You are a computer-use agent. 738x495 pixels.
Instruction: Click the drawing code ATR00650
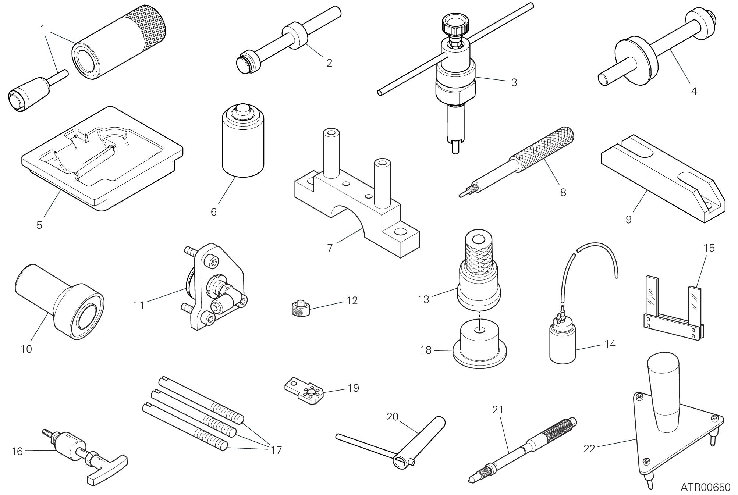(x=705, y=487)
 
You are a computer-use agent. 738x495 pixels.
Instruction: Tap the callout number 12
(x=352, y=300)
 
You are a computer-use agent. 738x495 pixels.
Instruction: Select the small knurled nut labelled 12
(x=299, y=308)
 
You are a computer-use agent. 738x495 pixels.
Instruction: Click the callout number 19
(x=354, y=388)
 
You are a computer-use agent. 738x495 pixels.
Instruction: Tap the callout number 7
(x=330, y=248)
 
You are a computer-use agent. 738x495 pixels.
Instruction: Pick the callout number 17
(x=276, y=450)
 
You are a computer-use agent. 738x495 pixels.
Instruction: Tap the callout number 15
(x=709, y=248)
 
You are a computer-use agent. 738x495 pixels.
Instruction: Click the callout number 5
(x=39, y=225)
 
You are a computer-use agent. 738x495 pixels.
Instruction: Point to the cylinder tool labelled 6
(x=243, y=141)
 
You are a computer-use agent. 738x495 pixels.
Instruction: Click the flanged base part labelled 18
(x=479, y=345)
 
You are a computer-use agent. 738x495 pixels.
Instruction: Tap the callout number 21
(x=498, y=409)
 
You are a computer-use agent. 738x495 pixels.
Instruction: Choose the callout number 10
(x=26, y=349)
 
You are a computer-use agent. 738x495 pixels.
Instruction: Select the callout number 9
(x=629, y=219)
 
